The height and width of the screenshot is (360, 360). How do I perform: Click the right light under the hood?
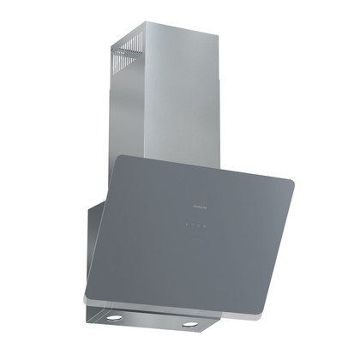coord(189,325)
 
